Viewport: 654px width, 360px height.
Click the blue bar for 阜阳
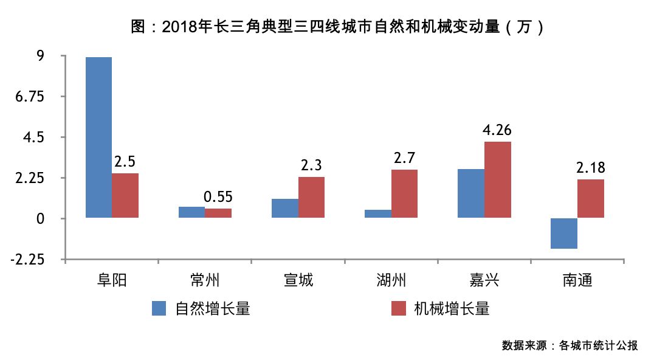(98, 137)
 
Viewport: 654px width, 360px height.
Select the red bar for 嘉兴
(497, 179)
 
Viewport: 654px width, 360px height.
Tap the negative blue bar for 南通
(563, 234)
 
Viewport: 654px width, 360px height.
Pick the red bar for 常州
(218, 213)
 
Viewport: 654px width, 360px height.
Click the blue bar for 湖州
(377, 213)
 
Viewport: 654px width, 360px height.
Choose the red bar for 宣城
(311, 197)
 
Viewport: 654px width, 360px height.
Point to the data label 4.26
(497, 130)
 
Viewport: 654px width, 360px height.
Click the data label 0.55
(218, 197)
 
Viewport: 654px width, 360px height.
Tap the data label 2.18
(591, 168)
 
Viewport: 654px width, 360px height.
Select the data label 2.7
(404, 158)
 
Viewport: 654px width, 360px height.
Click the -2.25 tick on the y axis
(28, 260)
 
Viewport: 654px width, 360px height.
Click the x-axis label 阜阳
(112, 280)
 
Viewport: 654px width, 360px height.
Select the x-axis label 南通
(577, 280)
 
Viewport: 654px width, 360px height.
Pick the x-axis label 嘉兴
(484, 280)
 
